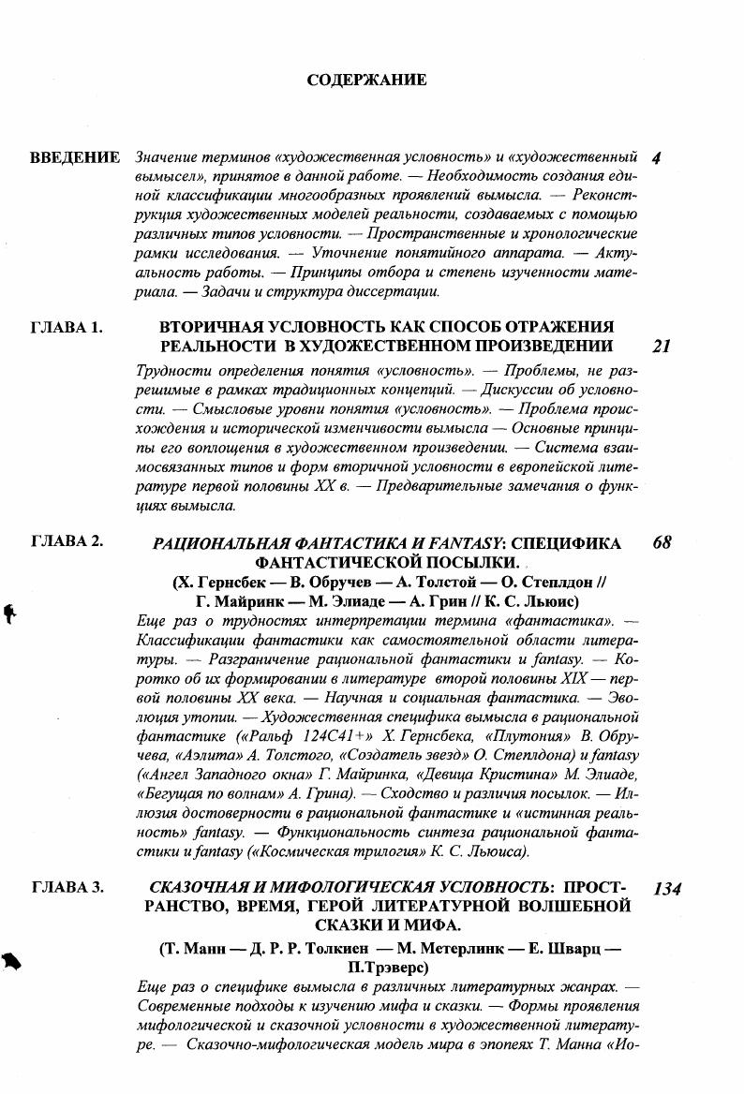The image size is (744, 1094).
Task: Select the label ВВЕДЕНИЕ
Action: click(75, 157)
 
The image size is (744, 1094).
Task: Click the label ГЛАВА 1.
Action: click(67, 327)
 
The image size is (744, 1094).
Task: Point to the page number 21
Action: click(661, 347)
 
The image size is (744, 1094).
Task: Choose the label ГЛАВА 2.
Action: click(67, 541)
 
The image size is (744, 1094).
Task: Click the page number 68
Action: click(661, 542)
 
